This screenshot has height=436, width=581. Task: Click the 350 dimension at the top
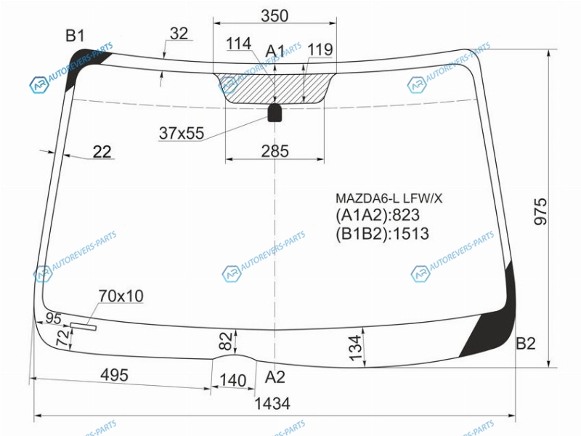click(275, 16)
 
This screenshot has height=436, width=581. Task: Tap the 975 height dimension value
click(540, 211)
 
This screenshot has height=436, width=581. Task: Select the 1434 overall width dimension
click(272, 403)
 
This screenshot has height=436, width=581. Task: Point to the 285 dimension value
click(275, 151)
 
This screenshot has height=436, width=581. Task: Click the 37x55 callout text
click(182, 133)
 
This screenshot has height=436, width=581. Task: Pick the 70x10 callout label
click(121, 296)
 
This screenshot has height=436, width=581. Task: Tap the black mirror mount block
click(275, 113)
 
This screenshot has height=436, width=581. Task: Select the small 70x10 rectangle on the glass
click(84, 326)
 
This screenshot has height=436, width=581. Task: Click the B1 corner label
click(75, 36)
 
